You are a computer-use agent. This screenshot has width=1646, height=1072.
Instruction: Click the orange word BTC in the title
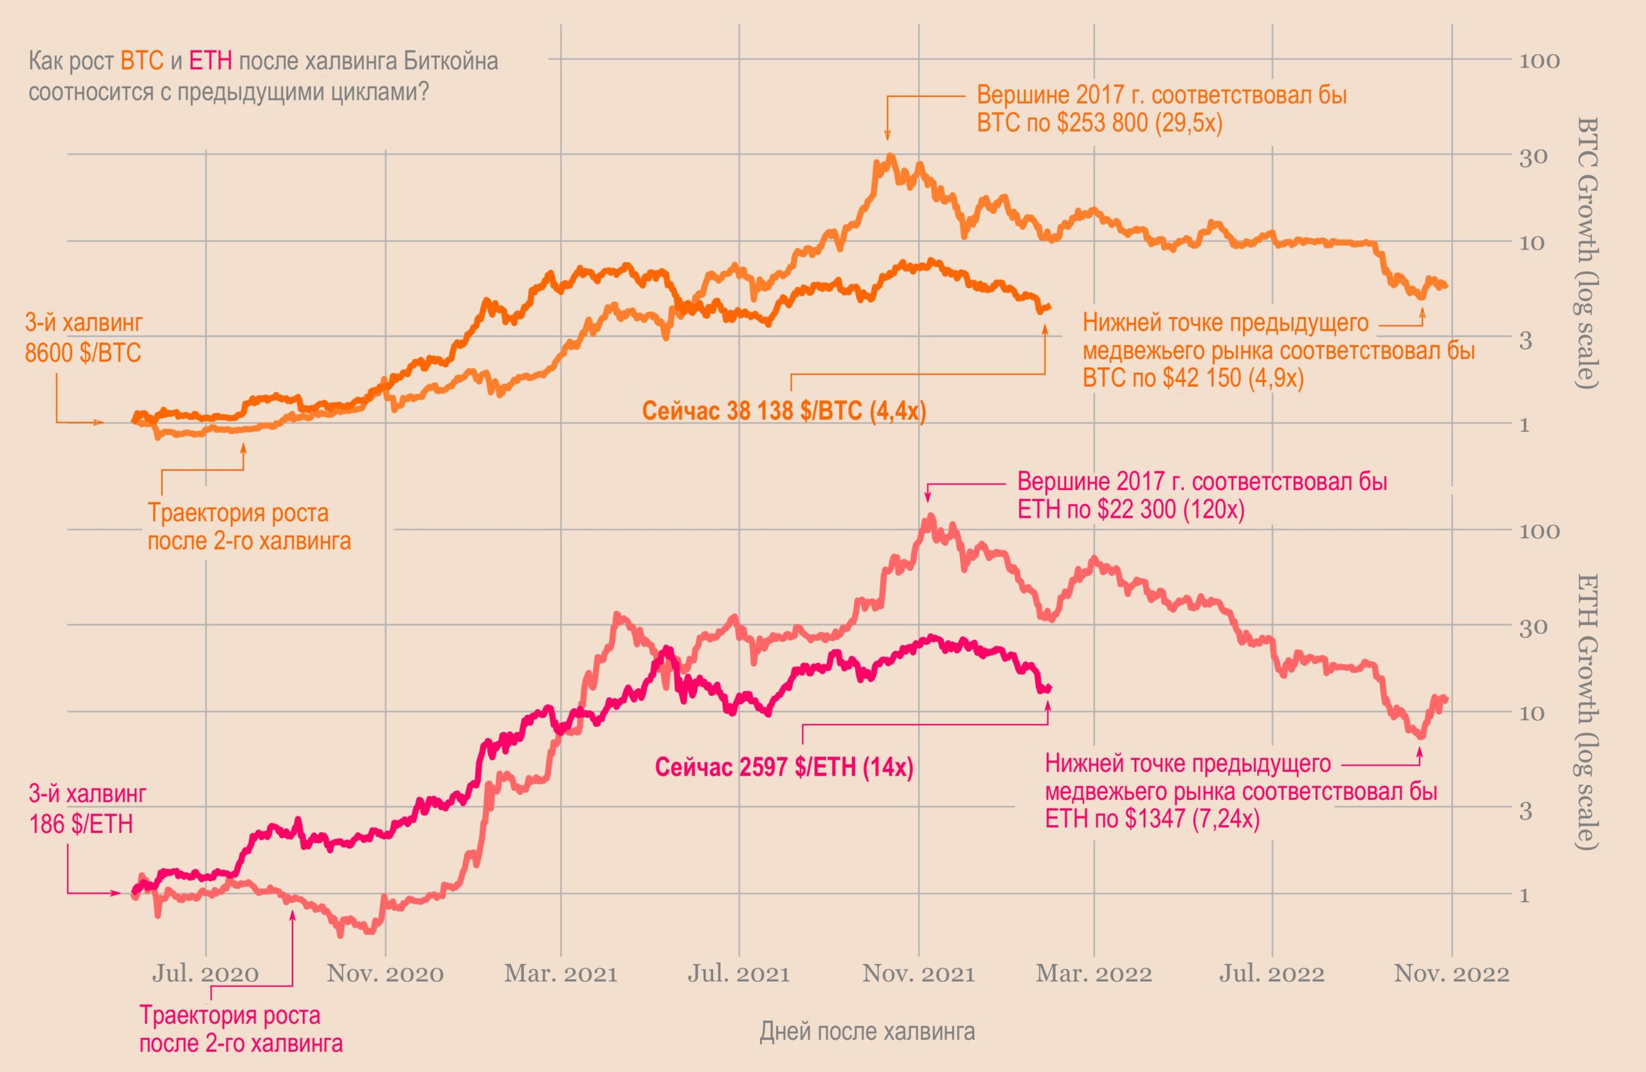pos(142,62)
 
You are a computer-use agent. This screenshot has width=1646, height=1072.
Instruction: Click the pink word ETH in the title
pos(210,62)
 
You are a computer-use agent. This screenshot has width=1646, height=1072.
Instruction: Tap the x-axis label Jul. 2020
pos(205,974)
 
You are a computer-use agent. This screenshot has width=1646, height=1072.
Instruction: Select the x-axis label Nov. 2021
pos(918,974)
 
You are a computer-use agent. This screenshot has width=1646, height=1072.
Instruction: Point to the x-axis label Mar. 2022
pos(1094,974)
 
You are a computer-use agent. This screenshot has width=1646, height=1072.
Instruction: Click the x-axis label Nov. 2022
pos(1451,974)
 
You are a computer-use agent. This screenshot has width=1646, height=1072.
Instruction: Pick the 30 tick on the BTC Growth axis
pos(1533,157)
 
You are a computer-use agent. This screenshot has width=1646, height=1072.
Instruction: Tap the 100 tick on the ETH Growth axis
pos(1539,531)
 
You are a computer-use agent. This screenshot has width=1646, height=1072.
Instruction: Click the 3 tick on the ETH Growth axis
pos(1526,810)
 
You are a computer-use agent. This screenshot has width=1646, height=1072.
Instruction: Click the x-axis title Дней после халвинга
pos(867,1031)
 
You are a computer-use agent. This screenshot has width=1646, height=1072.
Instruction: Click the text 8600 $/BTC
pos(83,354)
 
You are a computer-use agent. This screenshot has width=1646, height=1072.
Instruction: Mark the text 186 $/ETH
pos(81,824)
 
